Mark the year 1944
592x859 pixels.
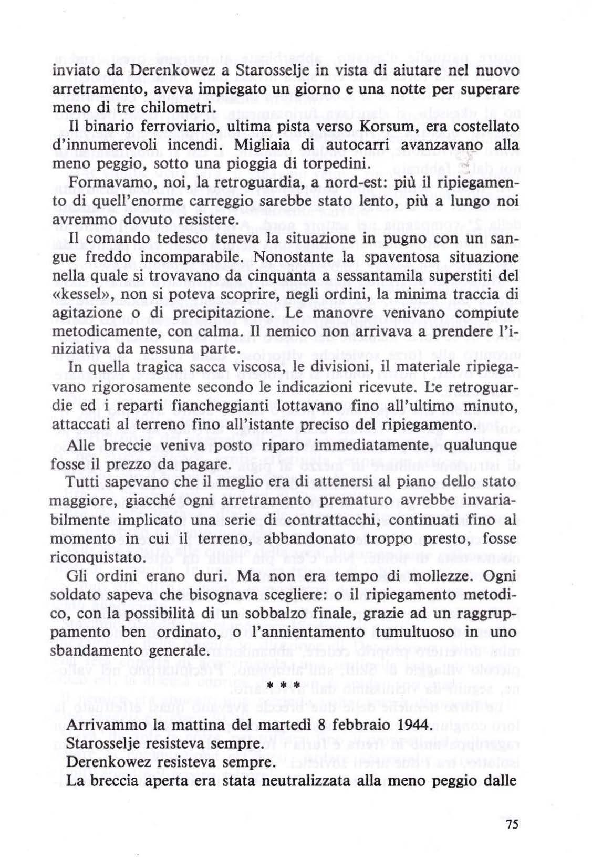tap(411, 726)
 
